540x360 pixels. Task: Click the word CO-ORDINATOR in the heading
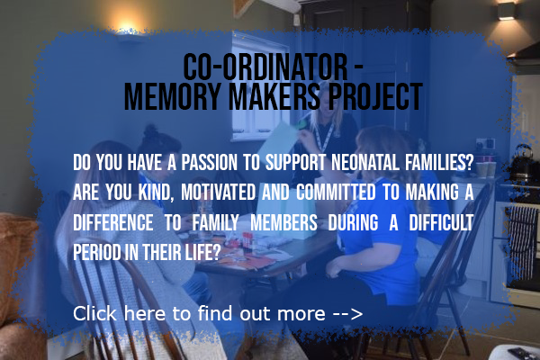[265, 67]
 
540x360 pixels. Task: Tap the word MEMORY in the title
[172, 96]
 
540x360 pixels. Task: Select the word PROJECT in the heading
[375, 96]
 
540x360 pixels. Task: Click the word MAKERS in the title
[274, 96]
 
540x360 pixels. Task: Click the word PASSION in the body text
[209, 162]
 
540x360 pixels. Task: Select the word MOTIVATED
[218, 193]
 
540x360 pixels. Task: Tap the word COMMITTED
[336, 193]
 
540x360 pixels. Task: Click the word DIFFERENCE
[113, 222]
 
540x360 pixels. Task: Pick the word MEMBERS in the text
[283, 222]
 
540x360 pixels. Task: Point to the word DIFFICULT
[441, 222]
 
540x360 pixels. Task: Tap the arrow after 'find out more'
[347, 314]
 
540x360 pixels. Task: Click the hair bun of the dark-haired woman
[150, 131]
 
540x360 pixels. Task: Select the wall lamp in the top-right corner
[507, 11]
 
